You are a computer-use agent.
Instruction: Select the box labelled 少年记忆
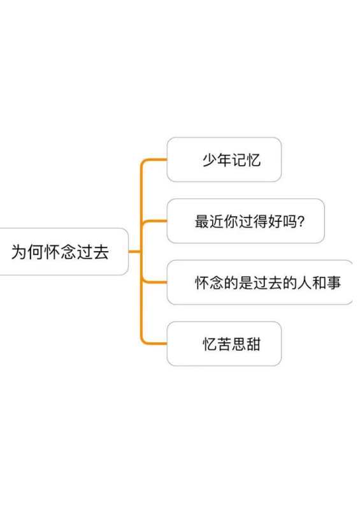click(x=224, y=159)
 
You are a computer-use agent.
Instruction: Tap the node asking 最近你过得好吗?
click(x=245, y=221)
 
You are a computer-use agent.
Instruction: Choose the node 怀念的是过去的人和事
click(x=260, y=282)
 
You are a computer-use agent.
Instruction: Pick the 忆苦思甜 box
click(x=224, y=344)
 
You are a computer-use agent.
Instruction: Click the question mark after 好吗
click(x=301, y=221)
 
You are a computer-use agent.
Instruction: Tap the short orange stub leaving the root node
click(x=135, y=251)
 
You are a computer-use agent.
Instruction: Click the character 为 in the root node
click(x=18, y=252)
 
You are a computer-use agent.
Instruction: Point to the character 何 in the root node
click(x=35, y=252)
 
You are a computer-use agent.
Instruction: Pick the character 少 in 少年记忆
click(x=210, y=160)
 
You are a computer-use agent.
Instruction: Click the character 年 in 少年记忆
click(x=224, y=160)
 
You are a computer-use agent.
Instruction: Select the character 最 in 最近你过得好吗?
click(x=201, y=221)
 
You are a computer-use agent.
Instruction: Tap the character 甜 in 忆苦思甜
click(x=254, y=344)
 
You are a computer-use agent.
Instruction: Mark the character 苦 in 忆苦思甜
click(x=224, y=344)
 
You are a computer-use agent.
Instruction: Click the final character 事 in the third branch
click(x=334, y=282)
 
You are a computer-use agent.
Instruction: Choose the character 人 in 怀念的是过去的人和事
click(x=305, y=282)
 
